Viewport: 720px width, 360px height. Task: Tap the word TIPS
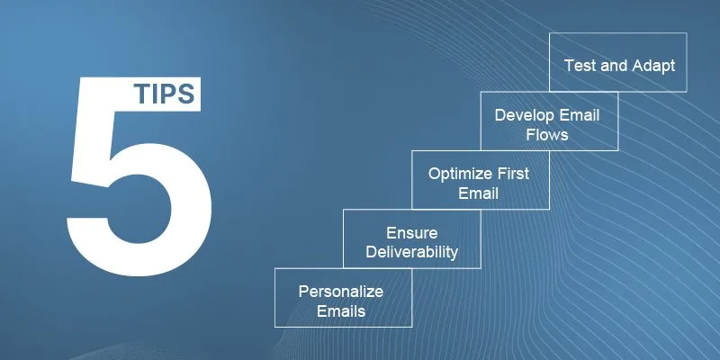pos(165,94)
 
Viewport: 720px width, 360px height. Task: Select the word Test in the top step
pos(580,65)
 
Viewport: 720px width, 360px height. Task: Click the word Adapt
pos(653,66)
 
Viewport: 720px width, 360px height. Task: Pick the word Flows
pos(547,135)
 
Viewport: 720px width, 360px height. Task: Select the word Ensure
pos(412,233)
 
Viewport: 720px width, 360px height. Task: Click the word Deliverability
pos(412,252)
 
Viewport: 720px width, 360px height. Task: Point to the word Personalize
pos(341,292)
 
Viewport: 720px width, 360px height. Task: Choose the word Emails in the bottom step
pos(341,310)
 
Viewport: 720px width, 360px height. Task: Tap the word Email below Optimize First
pos(478,193)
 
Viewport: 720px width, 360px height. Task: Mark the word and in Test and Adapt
pos(614,66)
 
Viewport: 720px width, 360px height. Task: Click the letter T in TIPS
pos(141,94)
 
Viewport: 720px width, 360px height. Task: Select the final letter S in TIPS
pos(186,94)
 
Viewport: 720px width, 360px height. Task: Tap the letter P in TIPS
pos(167,94)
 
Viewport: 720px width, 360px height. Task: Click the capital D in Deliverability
pos(373,252)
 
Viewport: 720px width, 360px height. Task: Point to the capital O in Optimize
pos(436,174)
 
